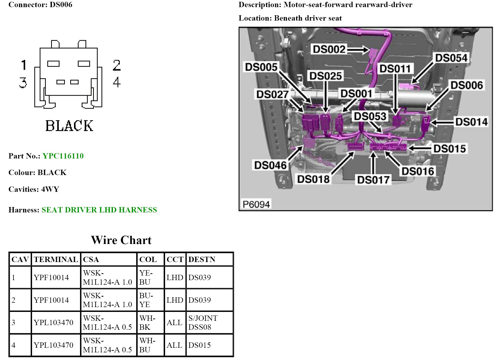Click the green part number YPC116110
point(63,156)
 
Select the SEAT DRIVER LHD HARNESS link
point(99,210)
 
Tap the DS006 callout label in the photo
point(466,85)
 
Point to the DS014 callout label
point(471,122)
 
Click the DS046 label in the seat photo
point(270,165)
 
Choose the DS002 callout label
point(329,49)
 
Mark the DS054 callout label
point(451,58)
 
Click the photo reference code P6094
point(256,204)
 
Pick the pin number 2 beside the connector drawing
point(117,65)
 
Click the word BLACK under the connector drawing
point(69,126)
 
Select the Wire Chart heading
point(121,240)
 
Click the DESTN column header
point(202,259)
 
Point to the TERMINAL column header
point(56,259)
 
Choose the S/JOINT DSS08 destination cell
point(203,323)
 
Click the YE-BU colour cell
point(146,278)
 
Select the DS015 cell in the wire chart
point(199,345)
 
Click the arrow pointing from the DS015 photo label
point(419,148)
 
